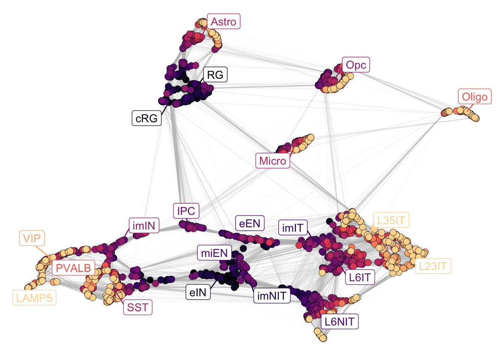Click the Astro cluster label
pos(223,22)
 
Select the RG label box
pos(215,75)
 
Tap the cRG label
pos(147,118)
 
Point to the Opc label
pos(356,65)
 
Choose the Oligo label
pos(474,97)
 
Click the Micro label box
pos(273,161)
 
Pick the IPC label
pos(186,211)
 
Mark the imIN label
pos(144,226)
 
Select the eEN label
pos(250,223)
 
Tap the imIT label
pos(293,228)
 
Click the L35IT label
pos(391,220)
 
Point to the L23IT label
pos(432,266)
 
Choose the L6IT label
pos(360,277)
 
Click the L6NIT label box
pos(339,321)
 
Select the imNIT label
pos(272,296)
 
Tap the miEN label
pos(214,253)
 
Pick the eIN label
pos(198,292)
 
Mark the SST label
pos(138,307)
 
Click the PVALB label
pos(73,268)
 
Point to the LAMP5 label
pos(34,298)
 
